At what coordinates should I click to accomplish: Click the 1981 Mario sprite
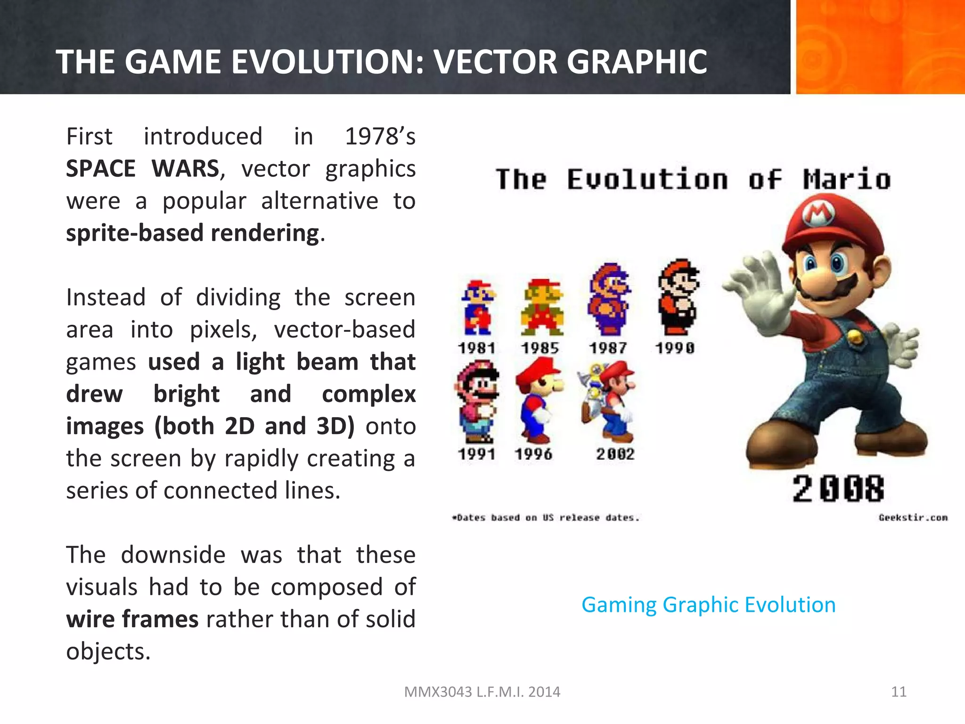(477, 308)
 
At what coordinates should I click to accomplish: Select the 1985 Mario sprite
(542, 308)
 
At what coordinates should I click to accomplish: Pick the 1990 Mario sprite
(679, 297)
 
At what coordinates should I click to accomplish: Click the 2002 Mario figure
(610, 401)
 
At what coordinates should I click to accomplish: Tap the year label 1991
(476, 454)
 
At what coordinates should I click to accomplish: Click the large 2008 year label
(838, 489)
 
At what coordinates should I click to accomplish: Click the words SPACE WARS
(142, 169)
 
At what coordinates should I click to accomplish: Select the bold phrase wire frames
(132, 619)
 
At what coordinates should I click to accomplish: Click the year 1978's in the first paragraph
(380, 137)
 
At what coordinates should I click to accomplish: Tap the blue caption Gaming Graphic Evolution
(708, 605)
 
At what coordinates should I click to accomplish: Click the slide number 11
(899, 691)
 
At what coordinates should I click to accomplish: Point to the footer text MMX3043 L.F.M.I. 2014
(482, 691)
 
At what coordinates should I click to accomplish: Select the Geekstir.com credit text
(913, 518)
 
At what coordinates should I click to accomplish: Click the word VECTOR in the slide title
(495, 62)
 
